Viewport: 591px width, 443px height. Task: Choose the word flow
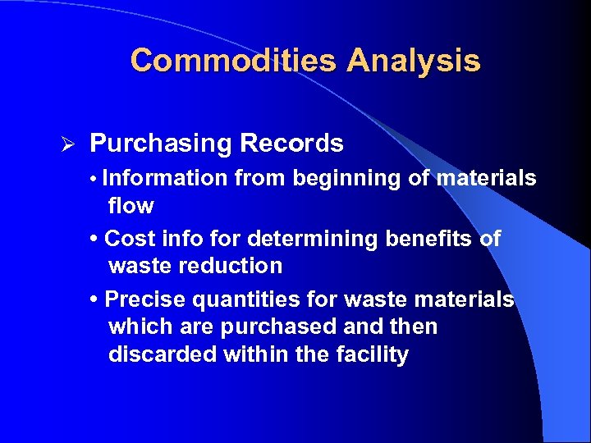point(131,205)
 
